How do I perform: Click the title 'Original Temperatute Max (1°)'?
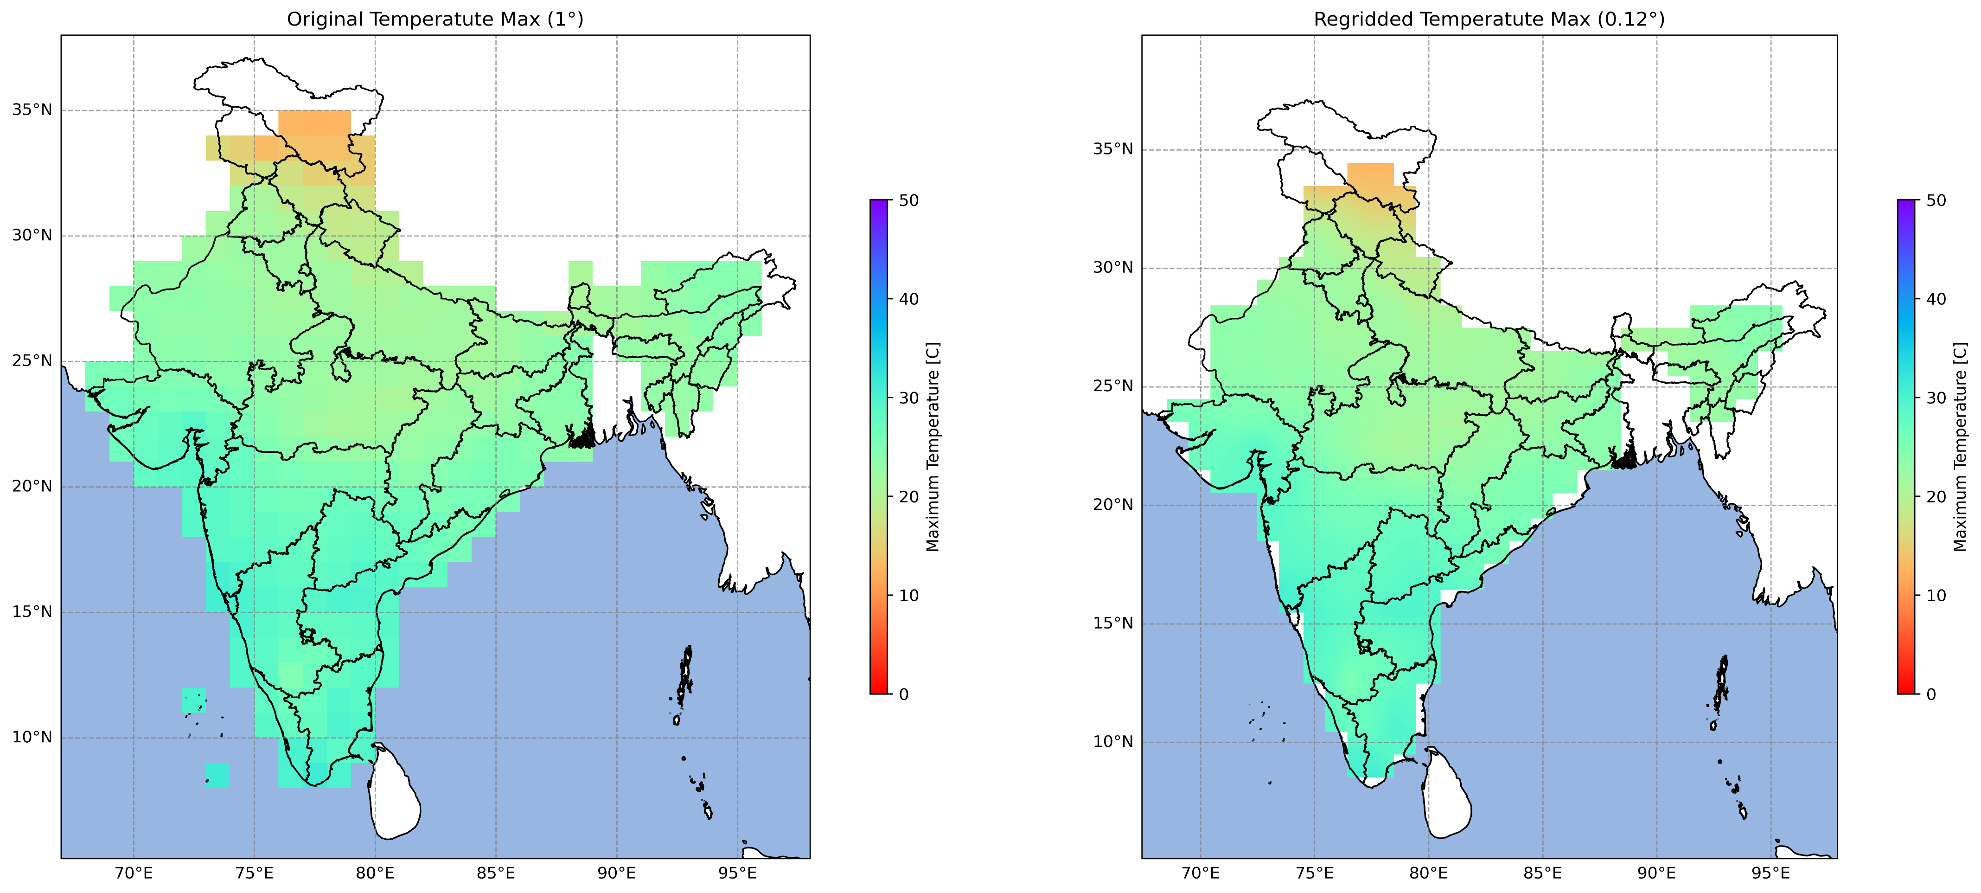[435, 19]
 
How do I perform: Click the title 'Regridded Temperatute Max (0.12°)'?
[1489, 19]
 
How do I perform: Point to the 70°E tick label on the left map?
[134, 874]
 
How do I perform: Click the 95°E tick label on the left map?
[737, 874]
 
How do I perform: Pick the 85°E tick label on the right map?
[1543, 874]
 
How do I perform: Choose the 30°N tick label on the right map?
[1113, 269]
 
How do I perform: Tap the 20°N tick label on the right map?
[1113, 505]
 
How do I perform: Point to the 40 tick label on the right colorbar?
[1936, 299]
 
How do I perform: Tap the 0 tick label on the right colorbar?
[1931, 694]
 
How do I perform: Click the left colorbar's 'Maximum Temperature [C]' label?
[933, 447]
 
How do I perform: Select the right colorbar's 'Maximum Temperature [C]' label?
[1960, 447]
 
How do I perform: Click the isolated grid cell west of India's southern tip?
[217, 775]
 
